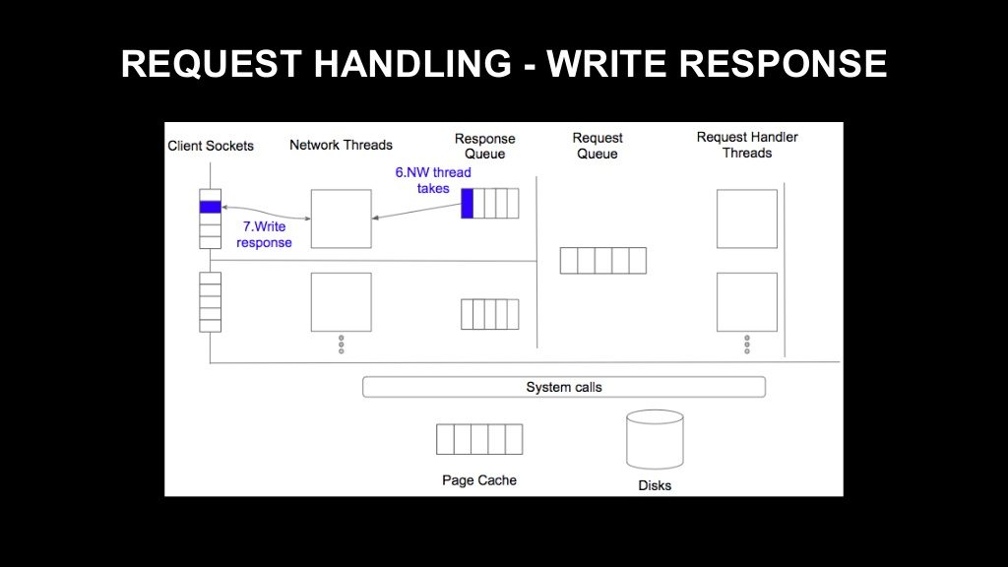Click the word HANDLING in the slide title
pyautogui.click(x=412, y=64)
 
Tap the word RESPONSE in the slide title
pyautogui.click(x=783, y=64)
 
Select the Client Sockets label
pyautogui.click(x=211, y=146)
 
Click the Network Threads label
pyautogui.click(x=341, y=146)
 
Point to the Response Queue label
pyautogui.click(x=484, y=146)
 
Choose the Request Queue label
pyautogui.click(x=598, y=146)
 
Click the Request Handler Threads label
pyautogui.click(x=747, y=145)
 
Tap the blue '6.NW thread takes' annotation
pyautogui.click(x=433, y=181)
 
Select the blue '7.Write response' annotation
pyautogui.click(x=264, y=234)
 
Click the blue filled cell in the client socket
pyautogui.click(x=211, y=207)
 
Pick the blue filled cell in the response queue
pyautogui.click(x=468, y=203)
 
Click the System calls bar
pyautogui.click(x=564, y=387)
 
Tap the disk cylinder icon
pyautogui.click(x=655, y=440)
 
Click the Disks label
pyautogui.click(x=655, y=485)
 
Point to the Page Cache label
pyautogui.click(x=479, y=480)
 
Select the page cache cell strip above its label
pyautogui.click(x=479, y=439)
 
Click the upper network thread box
pyautogui.click(x=342, y=219)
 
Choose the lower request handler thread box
pyautogui.click(x=747, y=302)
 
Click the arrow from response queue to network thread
pyautogui.click(x=416, y=212)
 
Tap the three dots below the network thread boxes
pyautogui.click(x=342, y=344)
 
